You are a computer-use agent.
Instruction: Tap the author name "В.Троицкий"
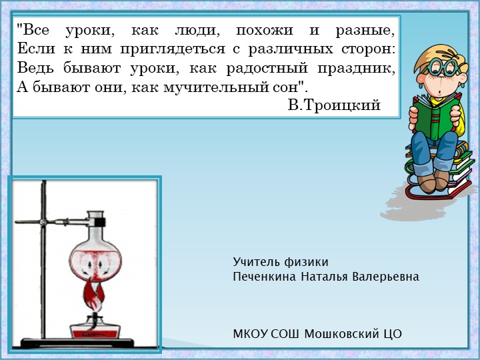[x=334, y=105]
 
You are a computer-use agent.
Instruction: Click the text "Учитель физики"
[x=281, y=262]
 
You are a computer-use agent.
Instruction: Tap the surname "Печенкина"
[x=265, y=276]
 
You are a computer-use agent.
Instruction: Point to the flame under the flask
[x=93, y=294]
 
